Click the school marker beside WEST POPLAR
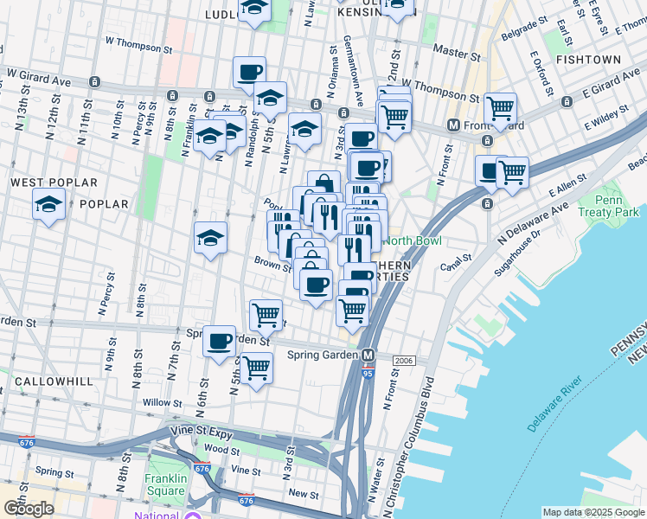(48, 205)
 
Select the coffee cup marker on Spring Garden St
(220, 340)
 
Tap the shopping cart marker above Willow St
(256, 367)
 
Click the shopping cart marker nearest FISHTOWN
(500, 108)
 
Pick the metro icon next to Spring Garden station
(368, 355)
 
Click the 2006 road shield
(404, 360)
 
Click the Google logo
(29, 509)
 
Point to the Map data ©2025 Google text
(593, 512)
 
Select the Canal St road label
(456, 257)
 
